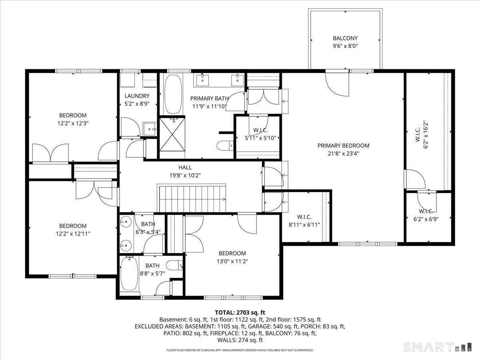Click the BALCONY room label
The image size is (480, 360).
click(x=345, y=38)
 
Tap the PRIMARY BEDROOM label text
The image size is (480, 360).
click(x=343, y=146)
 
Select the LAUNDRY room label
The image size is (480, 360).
click(x=137, y=96)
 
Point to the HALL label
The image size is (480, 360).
click(x=185, y=168)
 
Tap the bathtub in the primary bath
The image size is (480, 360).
click(x=173, y=94)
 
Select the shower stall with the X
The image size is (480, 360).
click(x=172, y=134)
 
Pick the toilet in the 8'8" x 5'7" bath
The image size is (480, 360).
click(x=174, y=265)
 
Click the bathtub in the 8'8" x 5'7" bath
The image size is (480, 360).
click(x=129, y=274)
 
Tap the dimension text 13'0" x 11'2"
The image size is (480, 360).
click(x=232, y=262)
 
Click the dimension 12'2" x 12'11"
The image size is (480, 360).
click(x=73, y=234)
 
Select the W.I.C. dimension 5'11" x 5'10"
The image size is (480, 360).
click(x=260, y=138)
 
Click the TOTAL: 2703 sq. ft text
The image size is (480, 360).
click(x=240, y=312)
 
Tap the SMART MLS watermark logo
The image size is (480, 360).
click(x=437, y=347)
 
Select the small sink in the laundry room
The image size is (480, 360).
click(x=150, y=129)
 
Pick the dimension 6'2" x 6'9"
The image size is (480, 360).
click(x=426, y=219)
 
